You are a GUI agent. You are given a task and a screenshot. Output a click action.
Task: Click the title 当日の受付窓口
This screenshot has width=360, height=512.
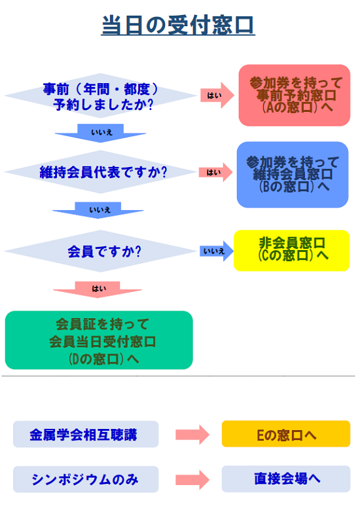[178, 25]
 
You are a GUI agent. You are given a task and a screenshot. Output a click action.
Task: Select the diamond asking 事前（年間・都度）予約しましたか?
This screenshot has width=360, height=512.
[101, 96]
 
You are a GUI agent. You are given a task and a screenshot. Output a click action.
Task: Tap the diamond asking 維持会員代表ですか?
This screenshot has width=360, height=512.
[101, 172]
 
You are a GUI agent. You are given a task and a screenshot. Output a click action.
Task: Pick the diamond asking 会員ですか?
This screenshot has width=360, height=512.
[101, 251]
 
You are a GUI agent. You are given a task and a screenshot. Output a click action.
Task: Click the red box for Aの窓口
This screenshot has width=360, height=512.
[295, 95]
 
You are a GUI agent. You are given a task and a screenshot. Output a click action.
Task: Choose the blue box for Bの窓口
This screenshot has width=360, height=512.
[293, 174]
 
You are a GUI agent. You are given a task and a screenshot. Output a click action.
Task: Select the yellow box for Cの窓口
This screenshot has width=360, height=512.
[292, 251]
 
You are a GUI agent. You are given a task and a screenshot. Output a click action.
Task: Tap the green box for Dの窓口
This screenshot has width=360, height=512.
[99, 340]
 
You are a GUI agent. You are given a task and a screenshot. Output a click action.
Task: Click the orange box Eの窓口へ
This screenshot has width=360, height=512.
[286, 434]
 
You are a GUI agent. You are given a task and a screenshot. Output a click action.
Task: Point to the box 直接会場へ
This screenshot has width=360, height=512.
[286, 479]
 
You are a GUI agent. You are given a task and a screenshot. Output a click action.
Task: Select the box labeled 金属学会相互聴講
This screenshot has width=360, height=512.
[86, 434]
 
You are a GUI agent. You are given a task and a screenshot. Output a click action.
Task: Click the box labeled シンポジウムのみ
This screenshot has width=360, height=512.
[86, 479]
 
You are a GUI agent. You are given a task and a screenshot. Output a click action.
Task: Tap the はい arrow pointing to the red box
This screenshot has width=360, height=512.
[217, 96]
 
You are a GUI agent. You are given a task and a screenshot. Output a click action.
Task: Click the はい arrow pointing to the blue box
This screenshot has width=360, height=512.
[216, 172]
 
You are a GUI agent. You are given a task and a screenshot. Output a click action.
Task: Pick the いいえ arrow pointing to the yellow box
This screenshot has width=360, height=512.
[217, 251]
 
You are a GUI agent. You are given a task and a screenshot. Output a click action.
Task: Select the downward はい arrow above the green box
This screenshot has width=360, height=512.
[98, 289]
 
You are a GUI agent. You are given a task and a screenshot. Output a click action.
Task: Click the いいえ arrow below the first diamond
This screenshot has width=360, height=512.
[101, 133]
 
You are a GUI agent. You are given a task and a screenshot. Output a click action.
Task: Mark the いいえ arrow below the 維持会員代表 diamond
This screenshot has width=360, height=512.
[98, 210]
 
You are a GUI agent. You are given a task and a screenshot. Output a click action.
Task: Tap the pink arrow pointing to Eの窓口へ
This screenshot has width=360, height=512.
[192, 435]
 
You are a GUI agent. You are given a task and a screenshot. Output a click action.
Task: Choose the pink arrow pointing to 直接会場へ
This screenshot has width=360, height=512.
[192, 480]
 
